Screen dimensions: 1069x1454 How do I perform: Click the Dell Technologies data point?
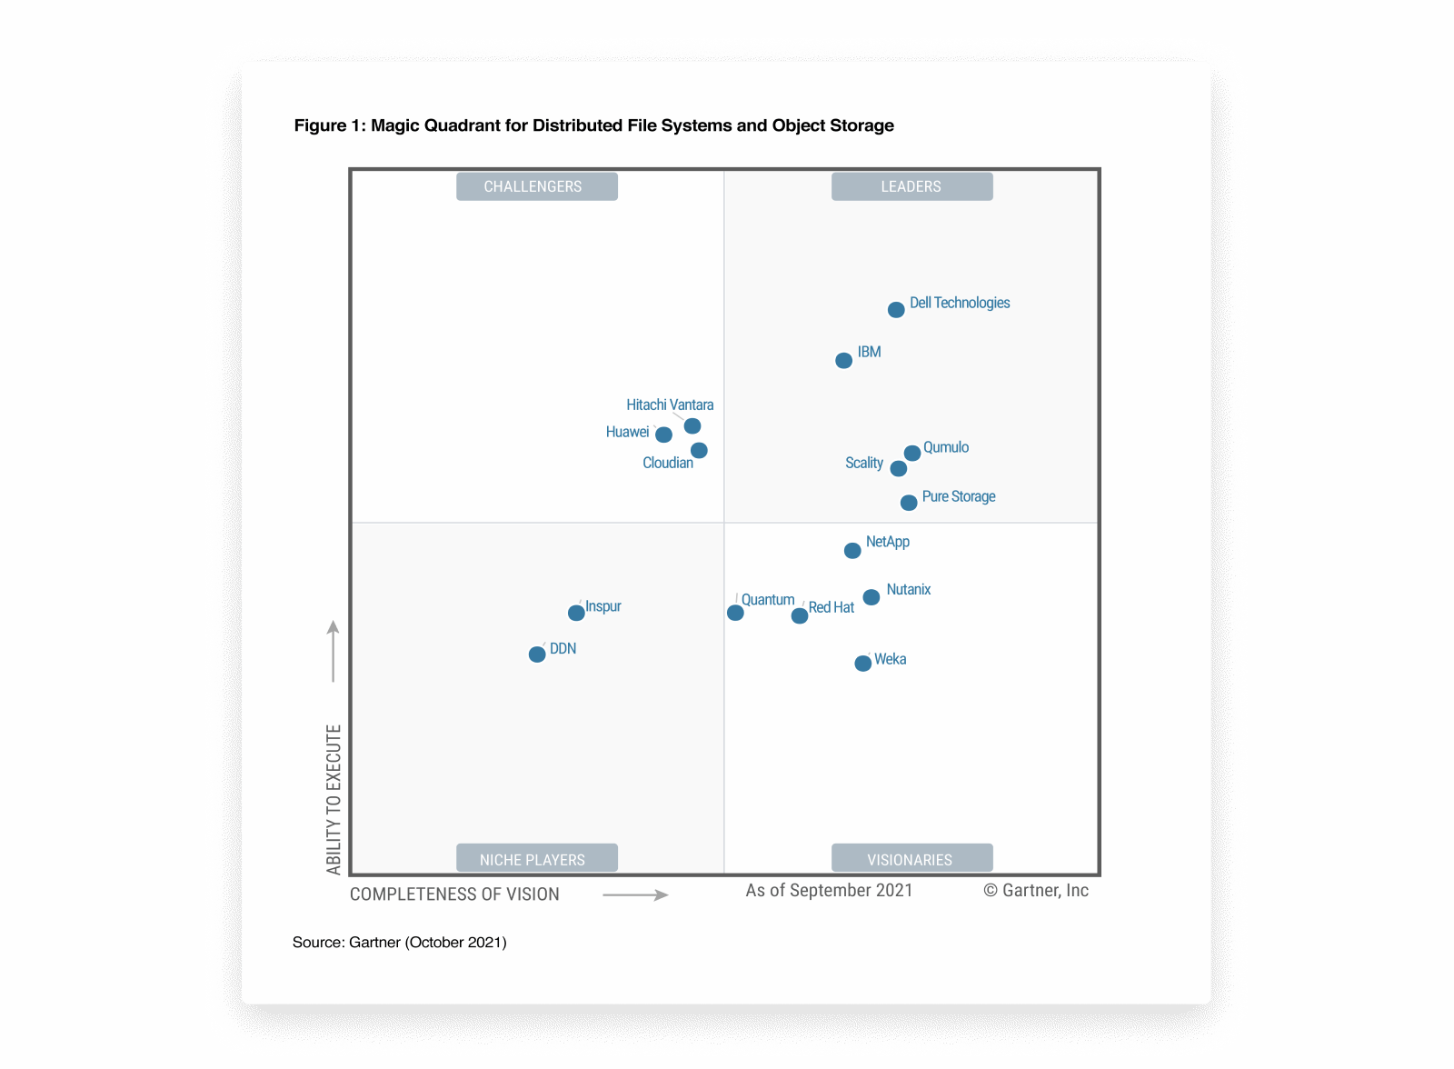point(896,310)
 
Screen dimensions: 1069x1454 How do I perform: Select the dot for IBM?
point(843,361)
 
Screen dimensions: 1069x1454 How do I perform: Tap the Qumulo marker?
point(912,454)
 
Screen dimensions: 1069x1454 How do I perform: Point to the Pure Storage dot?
point(909,503)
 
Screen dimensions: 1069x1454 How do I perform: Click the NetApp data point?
point(852,551)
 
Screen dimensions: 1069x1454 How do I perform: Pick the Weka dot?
point(863,664)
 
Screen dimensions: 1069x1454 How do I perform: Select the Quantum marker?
point(736,613)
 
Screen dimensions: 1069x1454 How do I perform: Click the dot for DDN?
point(537,654)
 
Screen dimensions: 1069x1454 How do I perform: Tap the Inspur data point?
point(576,613)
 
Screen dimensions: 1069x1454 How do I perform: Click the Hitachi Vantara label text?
point(670,405)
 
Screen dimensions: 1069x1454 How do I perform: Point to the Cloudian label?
point(668,463)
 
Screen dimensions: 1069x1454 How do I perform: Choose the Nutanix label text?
point(909,589)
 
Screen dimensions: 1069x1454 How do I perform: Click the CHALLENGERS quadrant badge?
point(536,186)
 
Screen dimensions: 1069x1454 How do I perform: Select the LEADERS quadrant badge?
point(911,186)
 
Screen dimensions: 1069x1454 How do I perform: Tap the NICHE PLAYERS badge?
point(536,859)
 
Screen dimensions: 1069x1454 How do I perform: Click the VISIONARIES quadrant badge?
point(911,859)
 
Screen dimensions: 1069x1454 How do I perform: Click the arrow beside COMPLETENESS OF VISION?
point(635,895)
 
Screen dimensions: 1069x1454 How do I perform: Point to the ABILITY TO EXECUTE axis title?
point(334,800)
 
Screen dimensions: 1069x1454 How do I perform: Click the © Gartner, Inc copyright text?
point(1036,891)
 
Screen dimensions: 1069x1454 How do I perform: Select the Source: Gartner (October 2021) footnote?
point(400,943)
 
